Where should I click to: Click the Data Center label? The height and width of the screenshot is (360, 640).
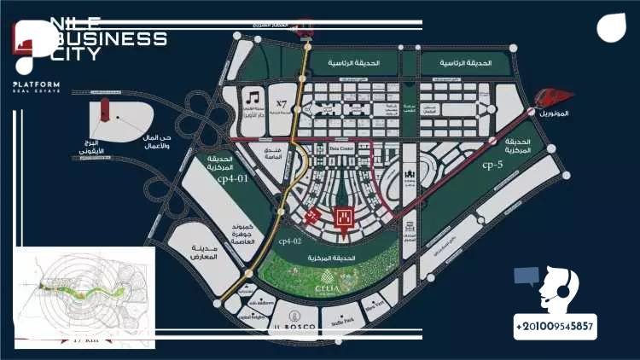pyautogui.click(x=341, y=148)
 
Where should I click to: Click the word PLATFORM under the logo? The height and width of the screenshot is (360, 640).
pyautogui.click(x=36, y=84)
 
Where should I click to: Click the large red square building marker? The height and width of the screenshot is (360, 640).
pyautogui.click(x=346, y=218)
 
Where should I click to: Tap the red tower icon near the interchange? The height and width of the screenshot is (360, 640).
pyautogui.click(x=104, y=108)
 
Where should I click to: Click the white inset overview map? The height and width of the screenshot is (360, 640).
pyautogui.click(x=84, y=298)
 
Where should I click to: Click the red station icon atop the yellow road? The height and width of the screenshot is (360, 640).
pyautogui.click(x=302, y=31)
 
